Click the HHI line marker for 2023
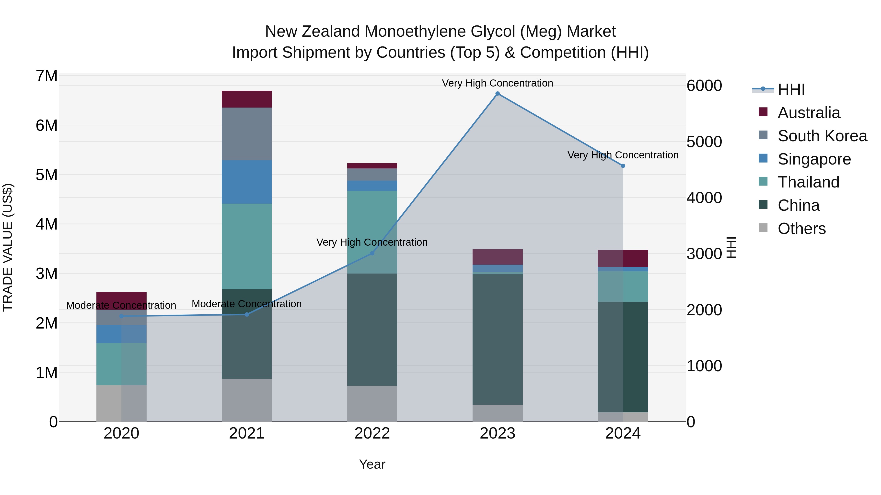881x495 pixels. (x=498, y=94)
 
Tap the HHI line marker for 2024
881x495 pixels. (x=623, y=166)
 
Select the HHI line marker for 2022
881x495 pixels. (x=372, y=253)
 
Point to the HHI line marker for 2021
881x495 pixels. (x=247, y=314)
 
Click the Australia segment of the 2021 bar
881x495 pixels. (x=247, y=99)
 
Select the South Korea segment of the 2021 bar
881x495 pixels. (x=247, y=134)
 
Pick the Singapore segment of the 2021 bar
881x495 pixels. (x=247, y=182)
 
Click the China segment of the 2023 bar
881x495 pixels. (x=498, y=339)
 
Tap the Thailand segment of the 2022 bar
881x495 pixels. (x=372, y=232)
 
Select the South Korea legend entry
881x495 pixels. (x=822, y=136)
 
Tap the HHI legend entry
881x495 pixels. (x=791, y=89)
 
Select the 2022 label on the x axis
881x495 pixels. (x=372, y=433)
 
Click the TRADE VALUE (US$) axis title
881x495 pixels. (x=8, y=247)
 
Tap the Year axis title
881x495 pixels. (x=372, y=464)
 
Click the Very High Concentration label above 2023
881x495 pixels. (x=497, y=83)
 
